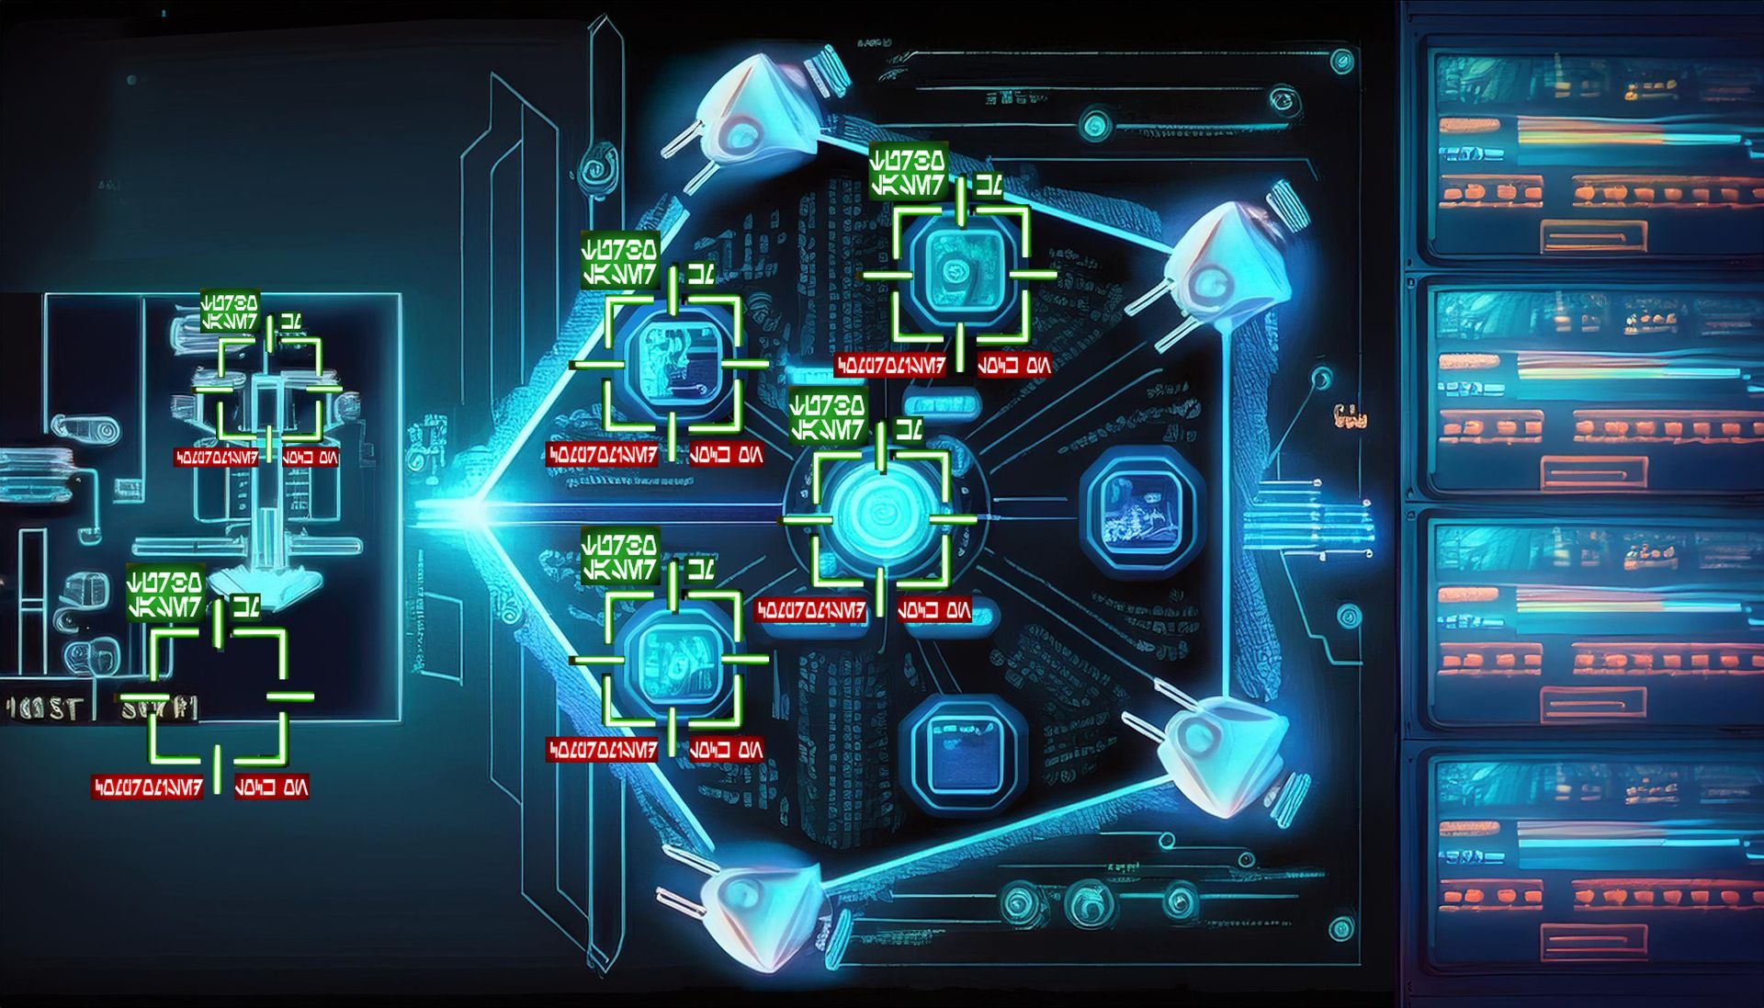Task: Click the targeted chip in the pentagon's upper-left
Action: [x=673, y=364]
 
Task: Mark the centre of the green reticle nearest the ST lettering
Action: [x=218, y=696]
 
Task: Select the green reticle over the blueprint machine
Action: [x=269, y=389]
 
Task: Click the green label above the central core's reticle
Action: [x=828, y=417]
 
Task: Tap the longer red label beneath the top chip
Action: [x=890, y=366]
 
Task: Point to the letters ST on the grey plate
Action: [x=64, y=708]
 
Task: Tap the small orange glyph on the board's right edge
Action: [x=1351, y=418]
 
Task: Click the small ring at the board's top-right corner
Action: [x=1342, y=62]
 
